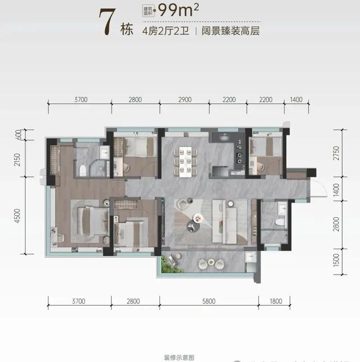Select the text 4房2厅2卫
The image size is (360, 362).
[x=164, y=31]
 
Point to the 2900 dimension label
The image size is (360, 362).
[x=184, y=99]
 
